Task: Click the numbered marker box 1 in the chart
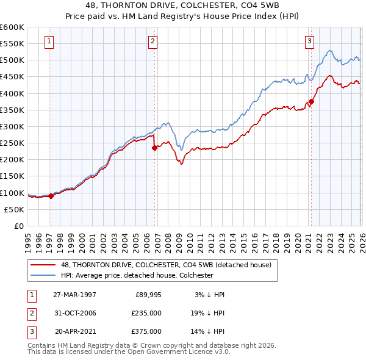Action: click(x=49, y=41)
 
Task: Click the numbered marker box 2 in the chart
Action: click(x=152, y=41)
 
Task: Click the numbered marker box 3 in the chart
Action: click(x=309, y=41)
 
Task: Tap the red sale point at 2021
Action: click(x=311, y=101)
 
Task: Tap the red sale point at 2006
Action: click(x=154, y=147)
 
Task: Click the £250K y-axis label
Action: click(x=12, y=143)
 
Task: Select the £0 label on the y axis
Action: click(x=18, y=226)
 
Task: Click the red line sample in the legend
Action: click(x=43, y=264)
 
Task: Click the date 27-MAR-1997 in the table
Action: click(x=74, y=294)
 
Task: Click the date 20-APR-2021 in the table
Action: click(x=74, y=332)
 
